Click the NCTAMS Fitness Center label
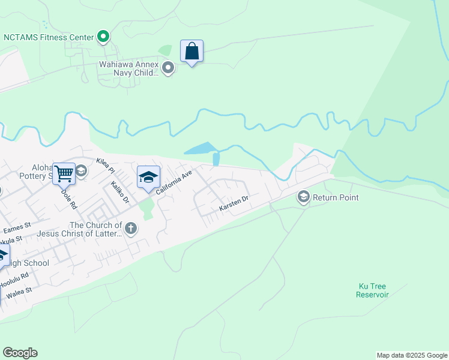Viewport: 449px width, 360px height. (x=49, y=37)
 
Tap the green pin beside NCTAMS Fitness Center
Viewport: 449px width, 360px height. (x=103, y=37)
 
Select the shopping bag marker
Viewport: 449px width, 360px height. (x=191, y=52)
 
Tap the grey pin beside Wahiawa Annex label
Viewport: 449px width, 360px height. (x=168, y=68)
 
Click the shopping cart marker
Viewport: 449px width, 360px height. (x=64, y=174)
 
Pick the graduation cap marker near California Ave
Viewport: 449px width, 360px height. (x=148, y=178)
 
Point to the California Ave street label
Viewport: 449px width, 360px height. (x=174, y=181)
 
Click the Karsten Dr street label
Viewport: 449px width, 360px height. (x=234, y=204)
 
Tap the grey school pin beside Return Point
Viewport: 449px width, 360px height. (x=304, y=197)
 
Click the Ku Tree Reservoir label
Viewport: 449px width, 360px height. (x=373, y=290)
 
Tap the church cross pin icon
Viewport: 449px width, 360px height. (x=131, y=228)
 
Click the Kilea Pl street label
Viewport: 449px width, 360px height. (x=104, y=165)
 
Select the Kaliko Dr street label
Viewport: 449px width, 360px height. (x=120, y=193)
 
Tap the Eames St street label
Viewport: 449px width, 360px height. (x=17, y=228)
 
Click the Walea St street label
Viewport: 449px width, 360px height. (x=19, y=293)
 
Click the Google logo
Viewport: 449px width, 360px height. (x=20, y=353)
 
